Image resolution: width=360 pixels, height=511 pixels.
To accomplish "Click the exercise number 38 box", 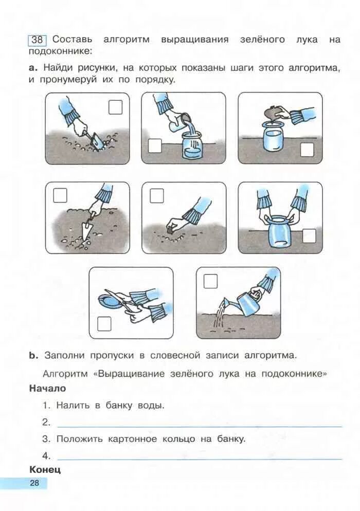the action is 37,40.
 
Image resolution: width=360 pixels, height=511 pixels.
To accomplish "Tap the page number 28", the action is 34,483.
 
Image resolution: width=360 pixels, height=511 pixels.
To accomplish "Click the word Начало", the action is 47,389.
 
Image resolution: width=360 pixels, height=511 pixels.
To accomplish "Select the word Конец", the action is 45,469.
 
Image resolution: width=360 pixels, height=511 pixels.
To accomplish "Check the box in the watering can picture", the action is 211,281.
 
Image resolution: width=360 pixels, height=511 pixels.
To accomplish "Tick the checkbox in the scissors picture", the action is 105,323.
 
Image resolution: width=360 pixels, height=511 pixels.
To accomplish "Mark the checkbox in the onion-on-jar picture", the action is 307,149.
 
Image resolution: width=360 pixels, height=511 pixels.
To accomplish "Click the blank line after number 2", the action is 200,425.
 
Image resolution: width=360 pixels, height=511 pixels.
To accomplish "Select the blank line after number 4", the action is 200,458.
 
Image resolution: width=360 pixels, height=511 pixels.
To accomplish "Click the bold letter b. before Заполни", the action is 33,355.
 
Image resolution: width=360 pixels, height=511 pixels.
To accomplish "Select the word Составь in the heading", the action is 72,40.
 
